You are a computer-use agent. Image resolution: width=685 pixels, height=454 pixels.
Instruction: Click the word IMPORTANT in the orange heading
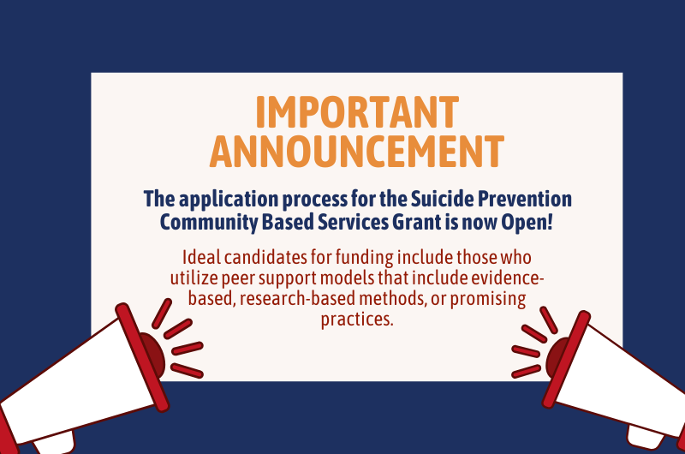(356, 113)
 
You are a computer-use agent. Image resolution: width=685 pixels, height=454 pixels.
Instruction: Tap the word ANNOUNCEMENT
(356, 151)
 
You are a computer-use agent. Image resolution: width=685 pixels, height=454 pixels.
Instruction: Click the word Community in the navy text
(208, 221)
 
